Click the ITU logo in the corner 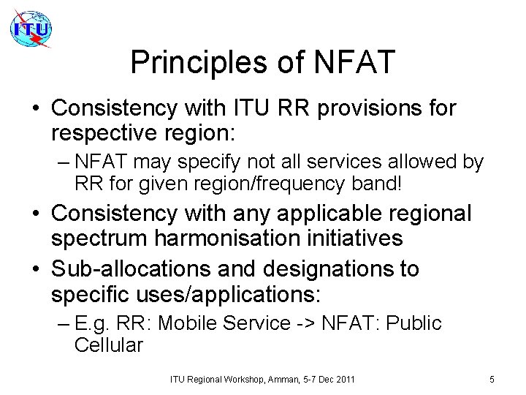click(x=31, y=29)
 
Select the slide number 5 click(x=492, y=379)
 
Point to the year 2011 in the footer click(x=344, y=379)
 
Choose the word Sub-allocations click(x=124, y=268)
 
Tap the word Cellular click(x=109, y=345)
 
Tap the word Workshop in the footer click(x=233, y=379)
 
